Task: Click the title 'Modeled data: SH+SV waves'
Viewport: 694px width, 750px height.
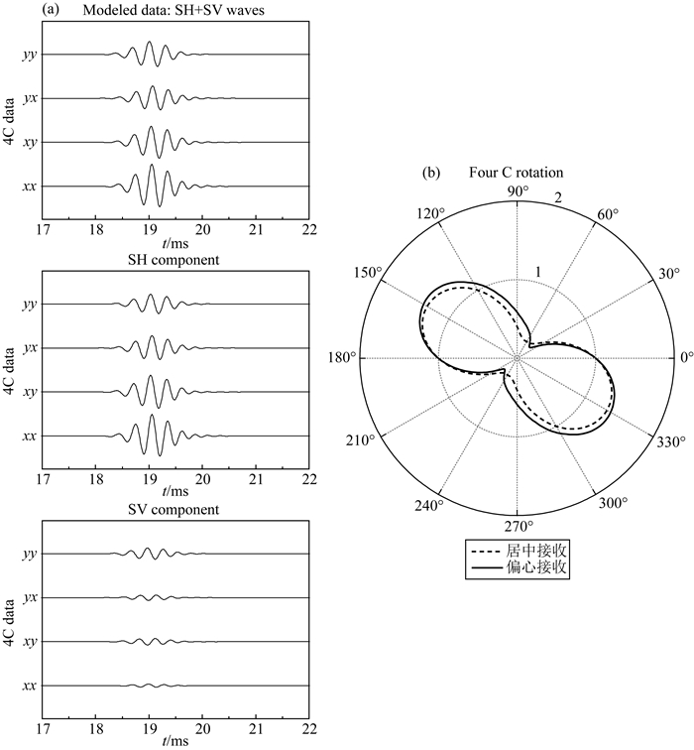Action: pyautogui.click(x=173, y=11)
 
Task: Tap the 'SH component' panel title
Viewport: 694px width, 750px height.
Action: pyautogui.click(x=173, y=260)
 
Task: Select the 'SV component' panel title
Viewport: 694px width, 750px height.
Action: pyautogui.click(x=173, y=509)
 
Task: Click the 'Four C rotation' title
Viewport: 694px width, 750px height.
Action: pyautogui.click(x=516, y=173)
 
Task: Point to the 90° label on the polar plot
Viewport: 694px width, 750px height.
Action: pyautogui.click(x=519, y=190)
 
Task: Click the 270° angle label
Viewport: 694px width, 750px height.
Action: pyautogui.click(x=519, y=526)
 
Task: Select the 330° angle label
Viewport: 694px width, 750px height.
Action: pyautogui.click(x=670, y=441)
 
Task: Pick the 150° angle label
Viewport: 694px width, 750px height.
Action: pyautogui.click(x=368, y=273)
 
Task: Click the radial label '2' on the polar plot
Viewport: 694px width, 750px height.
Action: pyautogui.click(x=558, y=197)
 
